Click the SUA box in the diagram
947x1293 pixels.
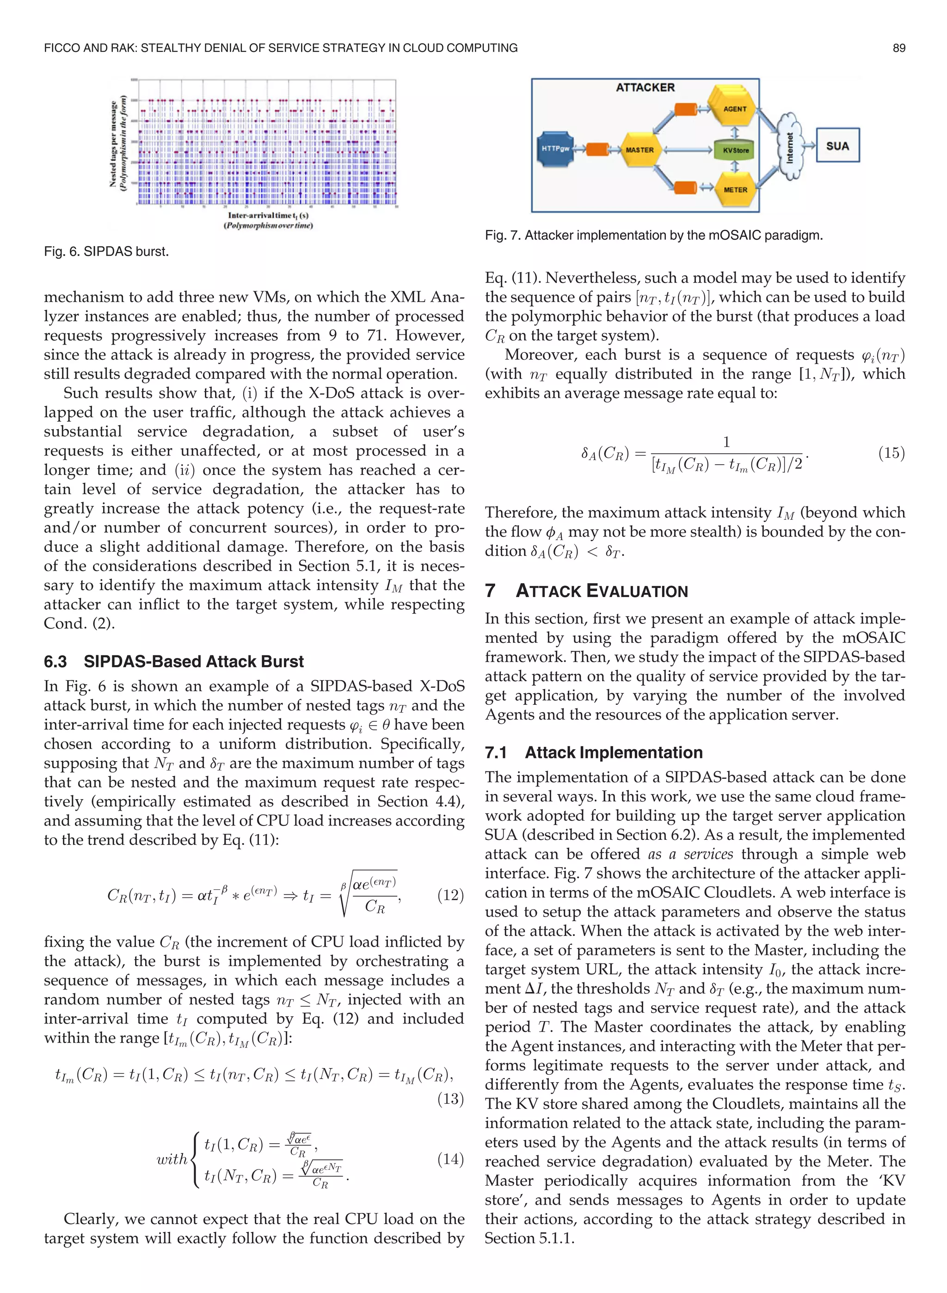(x=837, y=146)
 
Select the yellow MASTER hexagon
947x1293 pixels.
(x=639, y=149)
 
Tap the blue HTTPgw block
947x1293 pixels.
(x=555, y=149)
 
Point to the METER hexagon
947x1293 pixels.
(x=734, y=190)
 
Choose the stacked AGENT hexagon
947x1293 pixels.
(x=734, y=108)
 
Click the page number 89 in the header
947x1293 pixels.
(x=898, y=48)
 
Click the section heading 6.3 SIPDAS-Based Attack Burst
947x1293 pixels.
(x=174, y=661)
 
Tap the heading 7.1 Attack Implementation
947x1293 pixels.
(x=593, y=752)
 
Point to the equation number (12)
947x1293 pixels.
(x=450, y=895)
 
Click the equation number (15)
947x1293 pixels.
(x=891, y=453)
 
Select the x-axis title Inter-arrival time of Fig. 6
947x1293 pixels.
(x=268, y=215)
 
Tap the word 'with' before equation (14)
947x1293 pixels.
(x=172, y=1159)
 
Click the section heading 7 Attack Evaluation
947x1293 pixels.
(x=586, y=591)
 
